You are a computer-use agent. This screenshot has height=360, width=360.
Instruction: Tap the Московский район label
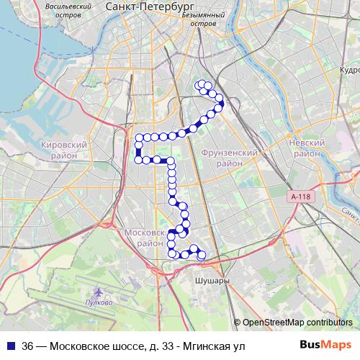(x=145, y=238)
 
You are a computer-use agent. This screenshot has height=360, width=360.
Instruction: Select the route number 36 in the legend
(x=28, y=346)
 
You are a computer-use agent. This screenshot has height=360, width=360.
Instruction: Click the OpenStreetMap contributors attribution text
(x=297, y=323)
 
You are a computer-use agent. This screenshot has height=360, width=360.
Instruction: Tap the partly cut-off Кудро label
(x=349, y=71)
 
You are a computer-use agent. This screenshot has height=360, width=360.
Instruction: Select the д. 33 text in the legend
(x=155, y=346)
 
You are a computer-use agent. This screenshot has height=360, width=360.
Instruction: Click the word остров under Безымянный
(x=204, y=23)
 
